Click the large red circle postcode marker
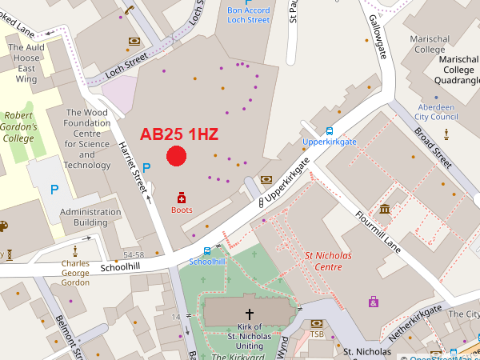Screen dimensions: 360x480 click(176, 157)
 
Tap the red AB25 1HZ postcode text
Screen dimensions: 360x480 click(179, 134)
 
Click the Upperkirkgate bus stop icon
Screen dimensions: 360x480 click(329, 131)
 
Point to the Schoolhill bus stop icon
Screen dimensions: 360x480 click(207, 250)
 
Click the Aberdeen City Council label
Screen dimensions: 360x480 click(436, 112)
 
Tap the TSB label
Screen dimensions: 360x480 click(317, 334)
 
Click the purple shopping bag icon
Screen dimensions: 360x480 click(373, 302)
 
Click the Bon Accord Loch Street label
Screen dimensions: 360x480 click(248, 14)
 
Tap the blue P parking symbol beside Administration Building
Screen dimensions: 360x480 click(54, 190)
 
